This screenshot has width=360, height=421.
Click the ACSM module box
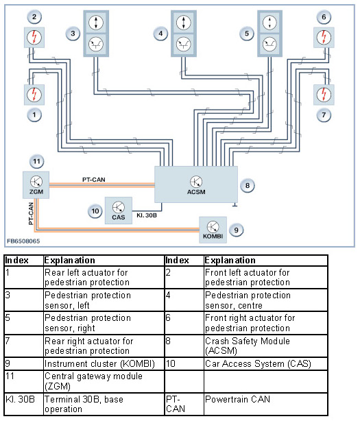[x=196, y=184]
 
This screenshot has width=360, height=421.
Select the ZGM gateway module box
[x=36, y=185]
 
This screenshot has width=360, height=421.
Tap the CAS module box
[x=119, y=210]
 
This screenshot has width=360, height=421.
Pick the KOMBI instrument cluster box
[x=213, y=230]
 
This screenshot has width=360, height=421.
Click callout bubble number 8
[x=248, y=186]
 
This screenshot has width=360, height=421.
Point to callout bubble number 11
[x=36, y=161]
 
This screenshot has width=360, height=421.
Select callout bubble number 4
[x=160, y=34]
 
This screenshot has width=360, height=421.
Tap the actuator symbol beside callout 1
[x=34, y=95]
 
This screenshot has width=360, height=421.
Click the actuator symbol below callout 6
[x=324, y=37]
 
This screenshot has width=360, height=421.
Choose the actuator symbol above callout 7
[x=324, y=95]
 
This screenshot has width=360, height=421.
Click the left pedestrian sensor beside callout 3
[x=96, y=34]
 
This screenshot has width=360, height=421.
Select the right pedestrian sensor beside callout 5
[x=269, y=34]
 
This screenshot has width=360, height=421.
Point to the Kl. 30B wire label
[x=147, y=215]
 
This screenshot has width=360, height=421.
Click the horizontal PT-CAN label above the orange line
[x=94, y=180]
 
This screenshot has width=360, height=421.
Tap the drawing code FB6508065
[x=23, y=241]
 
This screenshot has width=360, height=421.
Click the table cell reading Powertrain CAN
[x=266, y=405]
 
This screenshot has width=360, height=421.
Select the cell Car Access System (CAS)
[x=266, y=364]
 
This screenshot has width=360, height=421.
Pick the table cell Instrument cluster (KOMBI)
[x=104, y=364]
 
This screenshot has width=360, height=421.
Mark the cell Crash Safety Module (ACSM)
[x=266, y=346]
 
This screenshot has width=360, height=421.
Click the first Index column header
[x=24, y=261]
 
